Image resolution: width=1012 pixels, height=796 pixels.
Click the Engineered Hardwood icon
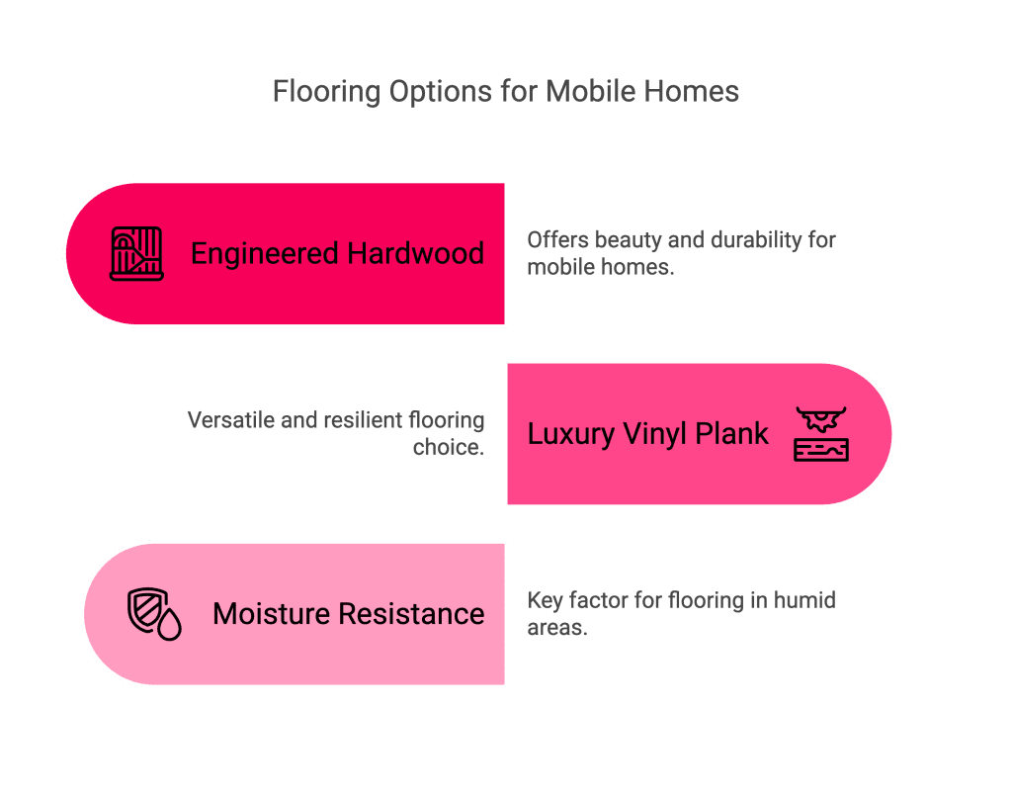tap(136, 254)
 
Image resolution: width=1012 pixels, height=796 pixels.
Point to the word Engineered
tap(264, 254)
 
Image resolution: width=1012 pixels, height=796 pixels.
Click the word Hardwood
tap(415, 254)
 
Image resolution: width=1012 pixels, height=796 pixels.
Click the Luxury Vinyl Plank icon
tap(821, 433)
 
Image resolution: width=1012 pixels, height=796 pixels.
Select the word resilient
tap(359, 420)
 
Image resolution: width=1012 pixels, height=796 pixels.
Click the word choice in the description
tap(448, 447)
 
